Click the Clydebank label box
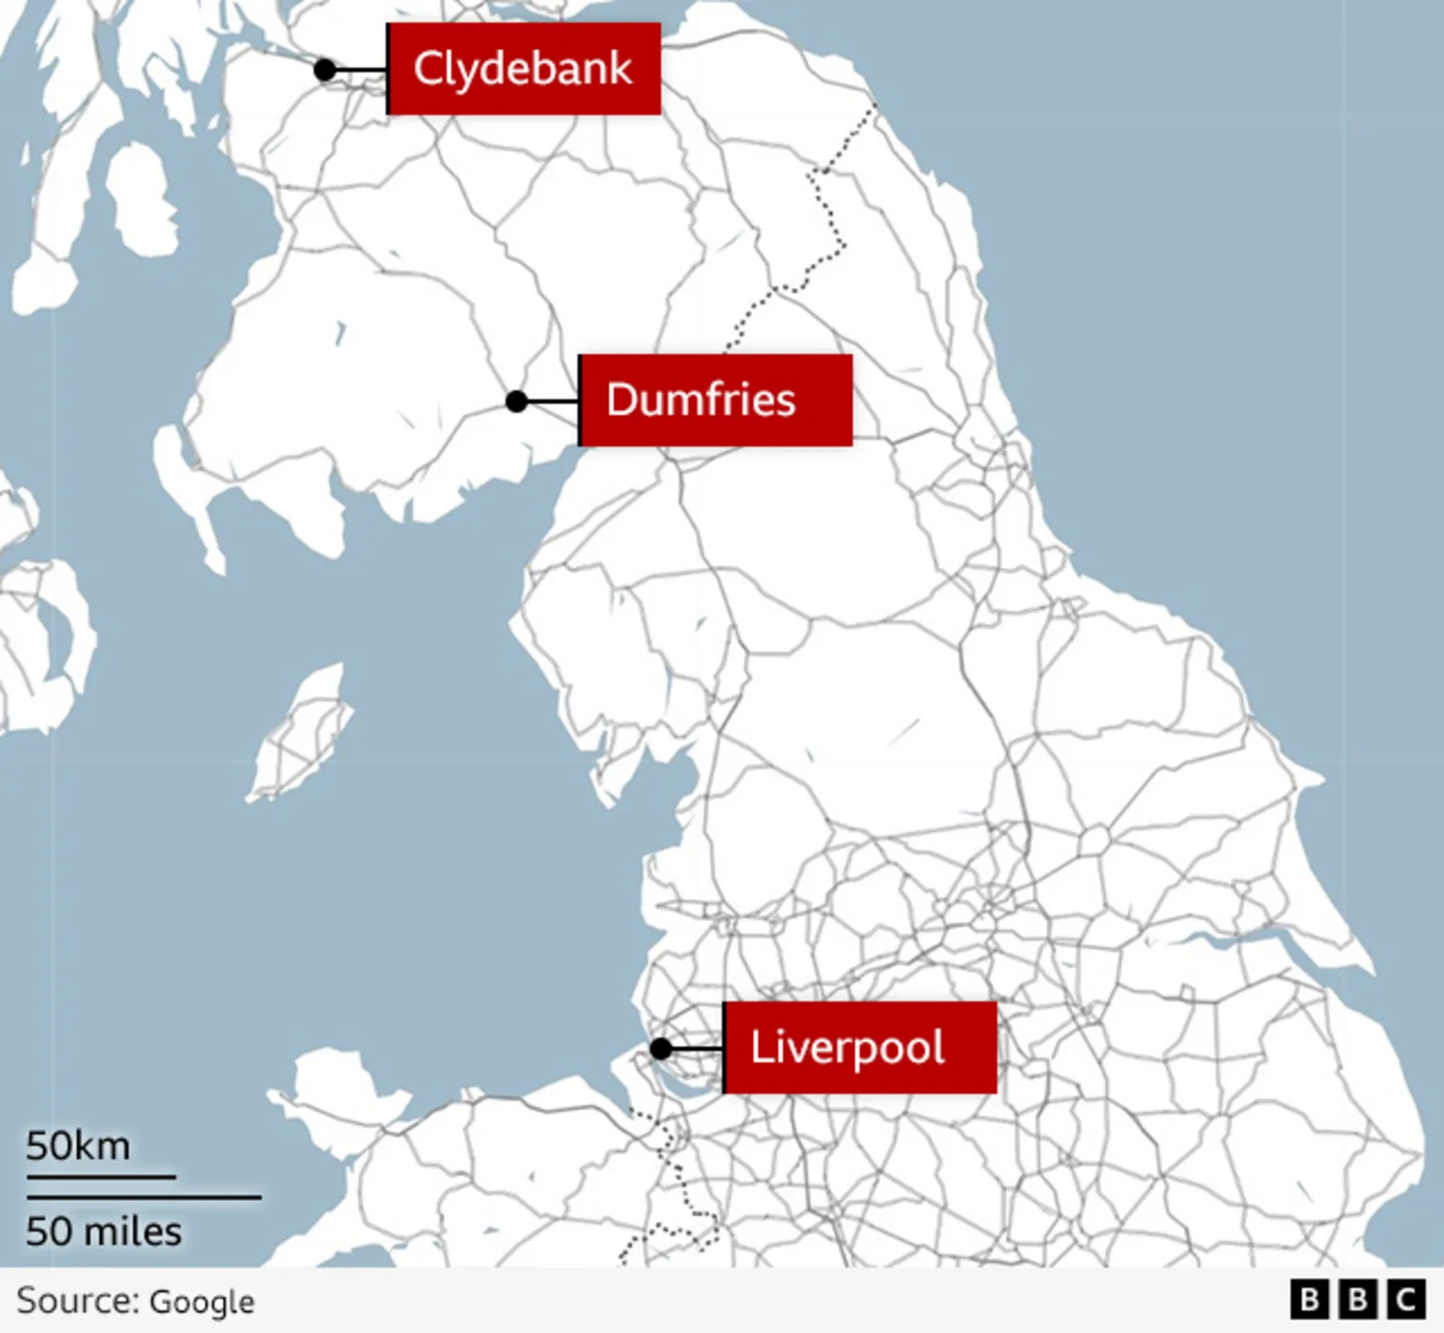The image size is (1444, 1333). pyautogui.click(x=524, y=69)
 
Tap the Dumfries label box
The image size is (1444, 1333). pyautogui.click(x=715, y=400)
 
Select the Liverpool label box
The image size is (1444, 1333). pyautogui.click(x=859, y=1047)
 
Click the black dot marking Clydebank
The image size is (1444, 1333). pyautogui.click(x=324, y=70)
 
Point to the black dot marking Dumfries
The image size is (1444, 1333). pyautogui.click(x=516, y=401)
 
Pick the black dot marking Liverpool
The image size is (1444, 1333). pyautogui.click(x=661, y=1048)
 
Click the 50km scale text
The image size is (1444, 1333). pyautogui.click(x=78, y=1146)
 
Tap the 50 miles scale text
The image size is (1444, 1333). pyautogui.click(x=103, y=1231)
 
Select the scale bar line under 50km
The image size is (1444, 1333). pyautogui.click(x=101, y=1176)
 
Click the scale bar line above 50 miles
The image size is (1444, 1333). pyautogui.click(x=144, y=1197)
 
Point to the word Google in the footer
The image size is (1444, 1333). pyautogui.click(x=201, y=1302)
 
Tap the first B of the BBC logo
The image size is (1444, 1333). pyautogui.click(x=1310, y=1300)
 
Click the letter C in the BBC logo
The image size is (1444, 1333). pyautogui.click(x=1406, y=1300)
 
